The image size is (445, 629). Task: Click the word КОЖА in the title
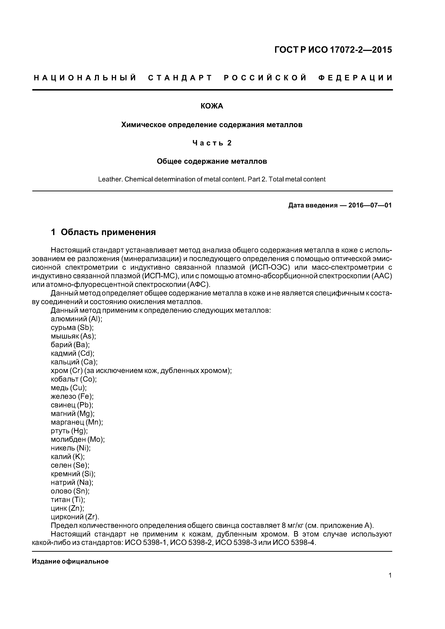(212, 106)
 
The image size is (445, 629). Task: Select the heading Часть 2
(212, 143)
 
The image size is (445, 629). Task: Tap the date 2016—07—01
(370, 205)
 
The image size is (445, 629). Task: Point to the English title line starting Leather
(212, 179)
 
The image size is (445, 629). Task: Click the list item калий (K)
(68, 457)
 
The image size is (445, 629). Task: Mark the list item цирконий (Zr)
(75, 517)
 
